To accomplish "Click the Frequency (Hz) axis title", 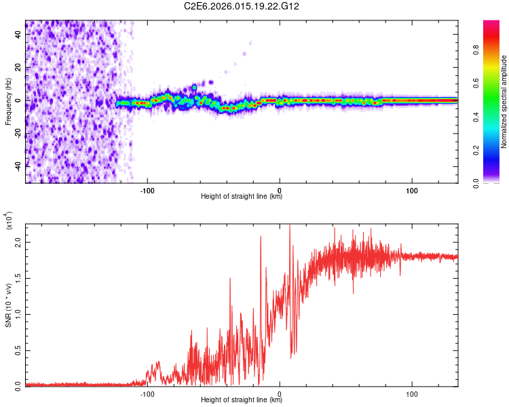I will pyautogui.click(x=8, y=102).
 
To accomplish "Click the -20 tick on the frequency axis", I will pyautogui.click(x=19, y=132).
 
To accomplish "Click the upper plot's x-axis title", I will pyautogui.click(x=242, y=197).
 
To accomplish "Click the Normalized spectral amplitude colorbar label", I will pyautogui.click(x=504, y=102).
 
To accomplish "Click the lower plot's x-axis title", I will pyautogui.click(x=242, y=400).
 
